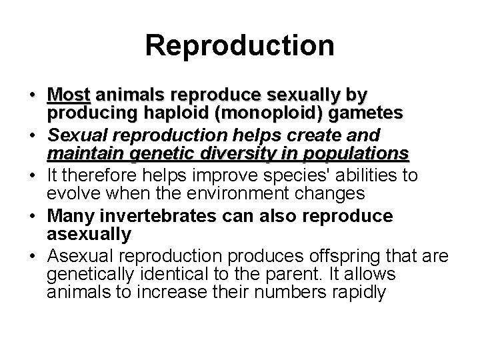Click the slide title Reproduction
pos(239,45)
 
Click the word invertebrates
pos(158,217)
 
